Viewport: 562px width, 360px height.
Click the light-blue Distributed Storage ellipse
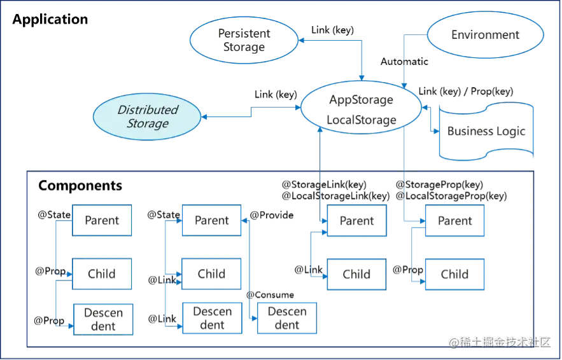point(147,116)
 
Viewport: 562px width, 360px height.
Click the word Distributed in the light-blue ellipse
point(148,109)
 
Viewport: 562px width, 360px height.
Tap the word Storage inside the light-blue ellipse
point(148,123)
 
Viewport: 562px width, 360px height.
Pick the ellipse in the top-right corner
point(485,34)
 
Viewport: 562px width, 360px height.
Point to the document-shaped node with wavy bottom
point(485,130)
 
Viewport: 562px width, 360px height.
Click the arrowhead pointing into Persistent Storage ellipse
point(304,41)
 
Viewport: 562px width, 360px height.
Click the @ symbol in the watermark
point(453,342)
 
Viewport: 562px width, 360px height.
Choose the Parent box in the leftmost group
point(102,221)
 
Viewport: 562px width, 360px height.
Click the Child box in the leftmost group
point(102,273)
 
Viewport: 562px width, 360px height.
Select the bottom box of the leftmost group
point(102,317)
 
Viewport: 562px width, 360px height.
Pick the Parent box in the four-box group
point(211,220)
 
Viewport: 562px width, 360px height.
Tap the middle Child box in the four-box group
point(211,273)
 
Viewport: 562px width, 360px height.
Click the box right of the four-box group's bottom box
point(288,316)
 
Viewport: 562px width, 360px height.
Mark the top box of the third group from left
point(356,221)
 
